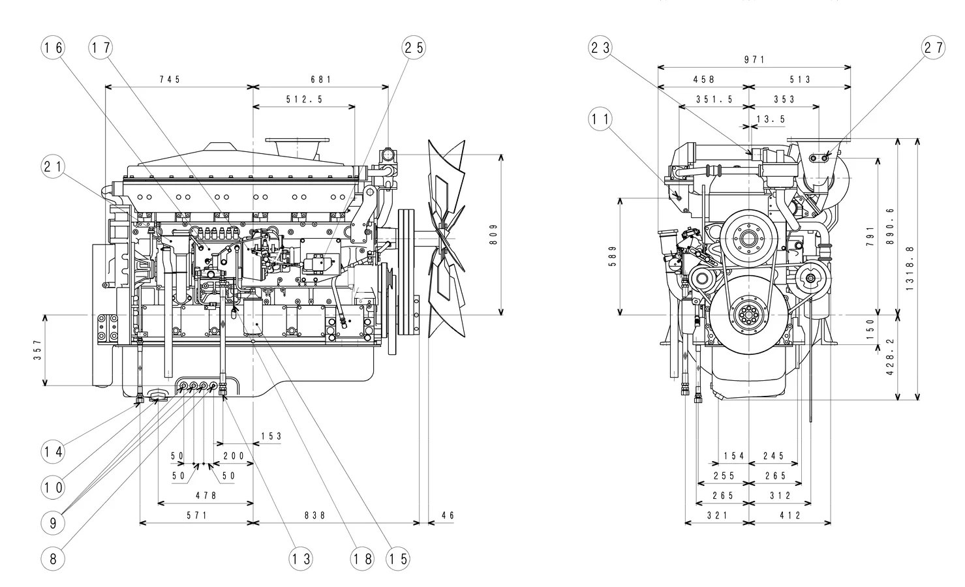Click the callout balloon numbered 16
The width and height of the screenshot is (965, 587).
point(54,48)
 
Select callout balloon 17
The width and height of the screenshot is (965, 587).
point(100,48)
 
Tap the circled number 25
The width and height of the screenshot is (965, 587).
point(413,48)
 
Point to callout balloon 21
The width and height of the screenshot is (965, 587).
point(54,166)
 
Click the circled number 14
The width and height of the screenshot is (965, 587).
point(54,451)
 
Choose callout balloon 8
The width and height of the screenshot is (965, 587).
point(54,558)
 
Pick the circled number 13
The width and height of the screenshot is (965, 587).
point(301,558)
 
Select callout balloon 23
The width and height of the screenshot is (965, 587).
point(600,48)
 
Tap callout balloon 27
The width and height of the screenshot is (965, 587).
point(933,48)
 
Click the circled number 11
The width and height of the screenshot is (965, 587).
point(600,119)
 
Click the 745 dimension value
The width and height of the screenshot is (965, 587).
point(170,80)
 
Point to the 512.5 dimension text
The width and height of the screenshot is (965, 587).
point(304,100)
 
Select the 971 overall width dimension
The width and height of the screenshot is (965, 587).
point(754,60)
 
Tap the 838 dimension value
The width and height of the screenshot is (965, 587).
point(315,515)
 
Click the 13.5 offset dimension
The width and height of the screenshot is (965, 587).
point(771,119)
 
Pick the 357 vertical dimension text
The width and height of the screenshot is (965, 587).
point(37,350)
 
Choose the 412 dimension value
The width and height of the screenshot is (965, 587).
point(789,515)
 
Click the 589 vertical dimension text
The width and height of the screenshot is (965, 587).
point(611,256)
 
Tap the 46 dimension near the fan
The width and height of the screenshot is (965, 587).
point(448,515)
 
